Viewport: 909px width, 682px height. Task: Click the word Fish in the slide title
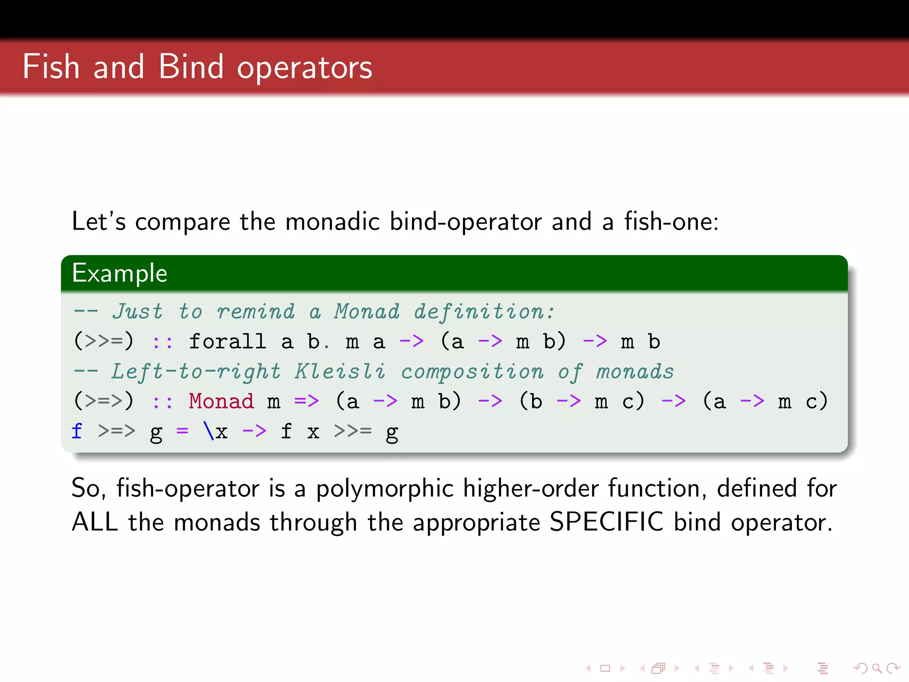(51, 67)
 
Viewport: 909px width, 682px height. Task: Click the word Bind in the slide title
(191, 67)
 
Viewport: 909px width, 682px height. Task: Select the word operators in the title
(304, 69)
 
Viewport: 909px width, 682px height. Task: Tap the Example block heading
(120, 273)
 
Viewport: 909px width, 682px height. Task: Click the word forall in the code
(228, 341)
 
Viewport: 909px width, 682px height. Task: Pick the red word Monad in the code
(221, 401)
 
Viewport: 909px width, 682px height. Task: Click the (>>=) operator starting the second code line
(103, 341)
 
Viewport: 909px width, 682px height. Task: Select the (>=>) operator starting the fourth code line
(103, 401)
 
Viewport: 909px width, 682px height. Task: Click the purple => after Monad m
(306, 401)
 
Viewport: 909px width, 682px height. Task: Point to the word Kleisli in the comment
(340, 372)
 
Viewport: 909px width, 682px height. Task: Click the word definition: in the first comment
(484, 312)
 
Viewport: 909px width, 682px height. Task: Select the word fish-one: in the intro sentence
(671, 221)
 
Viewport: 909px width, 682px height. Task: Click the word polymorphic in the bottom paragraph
(384, 488)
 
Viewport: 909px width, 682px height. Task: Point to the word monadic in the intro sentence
(332, 221)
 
